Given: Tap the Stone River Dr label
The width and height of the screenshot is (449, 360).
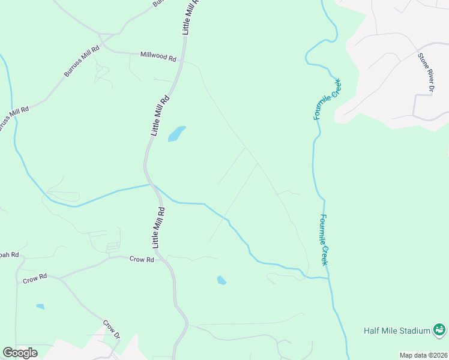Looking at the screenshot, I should pos(426,73).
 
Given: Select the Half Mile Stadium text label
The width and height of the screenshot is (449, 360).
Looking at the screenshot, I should pos(397,331).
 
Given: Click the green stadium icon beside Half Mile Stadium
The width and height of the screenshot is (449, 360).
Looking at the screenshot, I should pos(439,329).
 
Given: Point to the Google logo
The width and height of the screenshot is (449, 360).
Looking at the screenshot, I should pos(20,352).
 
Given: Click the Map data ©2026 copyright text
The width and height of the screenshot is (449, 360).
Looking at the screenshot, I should pos(423,355).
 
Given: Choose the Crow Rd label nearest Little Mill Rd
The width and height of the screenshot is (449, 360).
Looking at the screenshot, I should pos(142,259).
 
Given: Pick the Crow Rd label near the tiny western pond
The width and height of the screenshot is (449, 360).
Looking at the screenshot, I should pos(35,279).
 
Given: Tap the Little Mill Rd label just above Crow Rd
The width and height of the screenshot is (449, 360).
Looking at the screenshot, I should pos(158,228).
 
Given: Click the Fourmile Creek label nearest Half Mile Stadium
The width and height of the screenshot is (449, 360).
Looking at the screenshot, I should pos(324,240).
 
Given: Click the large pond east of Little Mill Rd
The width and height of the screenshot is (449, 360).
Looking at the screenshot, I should pos(176,133).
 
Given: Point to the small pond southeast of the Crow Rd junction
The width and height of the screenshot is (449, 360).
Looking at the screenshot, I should pos(221,280).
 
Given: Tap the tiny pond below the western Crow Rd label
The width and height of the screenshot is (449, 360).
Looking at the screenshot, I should pos(40,307).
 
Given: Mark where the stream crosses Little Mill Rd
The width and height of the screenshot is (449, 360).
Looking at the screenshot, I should pos(151,185).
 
